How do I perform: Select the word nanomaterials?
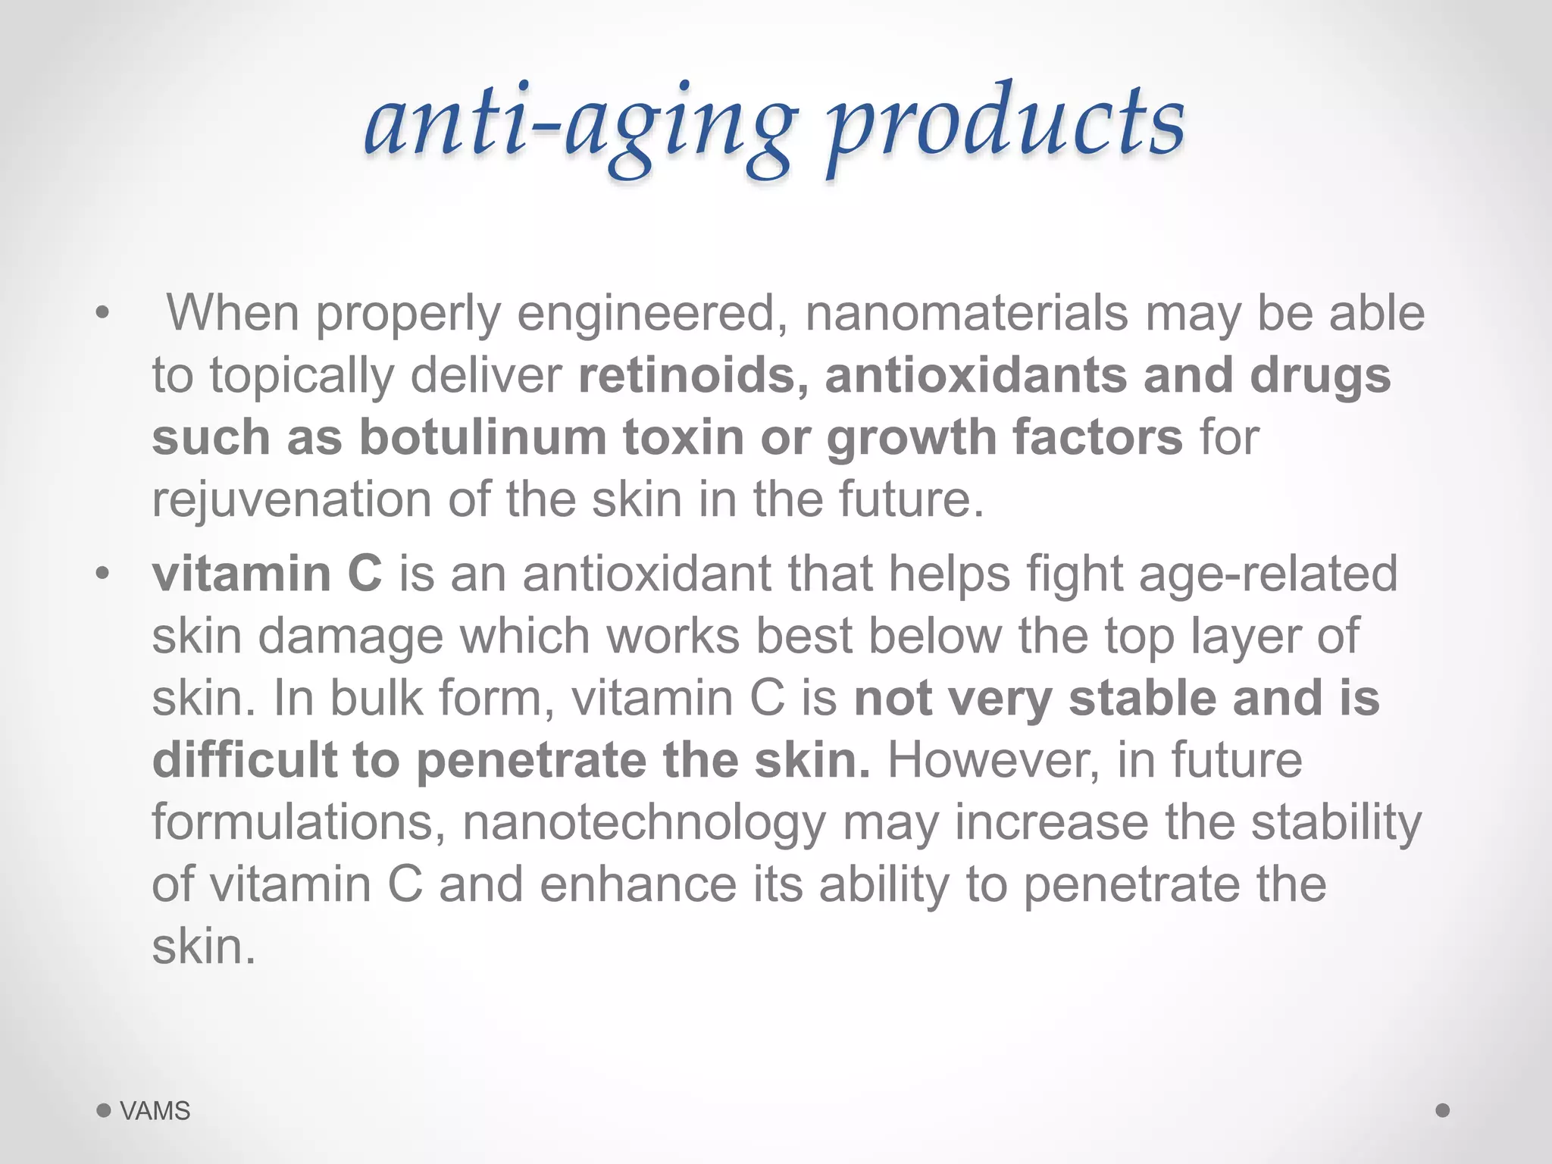click(x=966, y=312)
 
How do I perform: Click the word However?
click(x=993, y=760)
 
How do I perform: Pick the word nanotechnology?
click(x=644, y=822)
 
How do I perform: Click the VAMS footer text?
click(x=155, y=1111)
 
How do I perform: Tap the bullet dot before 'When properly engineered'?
click(x=103, y=312)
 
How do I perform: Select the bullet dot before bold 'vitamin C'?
click(x=103, y=574)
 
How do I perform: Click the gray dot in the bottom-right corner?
click(x=1443, y=1110)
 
